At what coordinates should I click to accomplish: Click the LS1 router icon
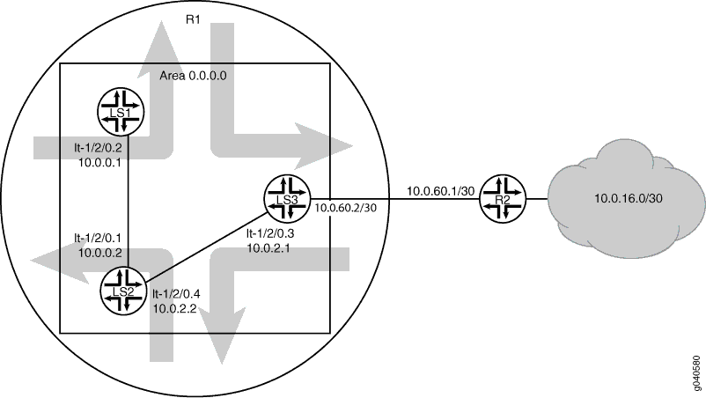121,112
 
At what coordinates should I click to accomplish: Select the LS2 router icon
123,291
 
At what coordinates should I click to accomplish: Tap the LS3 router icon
288,198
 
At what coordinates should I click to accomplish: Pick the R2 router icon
503,198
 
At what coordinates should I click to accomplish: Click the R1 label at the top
193,19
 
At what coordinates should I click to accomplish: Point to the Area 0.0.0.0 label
193,76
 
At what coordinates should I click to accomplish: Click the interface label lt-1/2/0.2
99,148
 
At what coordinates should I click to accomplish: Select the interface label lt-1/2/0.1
98,238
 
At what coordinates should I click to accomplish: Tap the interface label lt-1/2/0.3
270,233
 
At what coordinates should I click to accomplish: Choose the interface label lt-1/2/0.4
176,294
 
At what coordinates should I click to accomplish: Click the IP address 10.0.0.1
100,163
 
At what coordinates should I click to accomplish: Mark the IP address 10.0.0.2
100,253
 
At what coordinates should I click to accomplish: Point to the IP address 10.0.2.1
268,247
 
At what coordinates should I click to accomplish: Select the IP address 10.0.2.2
174,308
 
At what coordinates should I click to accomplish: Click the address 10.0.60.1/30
441,191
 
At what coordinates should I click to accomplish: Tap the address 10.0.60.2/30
346,208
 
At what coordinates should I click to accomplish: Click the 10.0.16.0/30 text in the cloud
629,198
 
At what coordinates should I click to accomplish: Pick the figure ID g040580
696,374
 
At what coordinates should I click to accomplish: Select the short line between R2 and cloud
537,198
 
